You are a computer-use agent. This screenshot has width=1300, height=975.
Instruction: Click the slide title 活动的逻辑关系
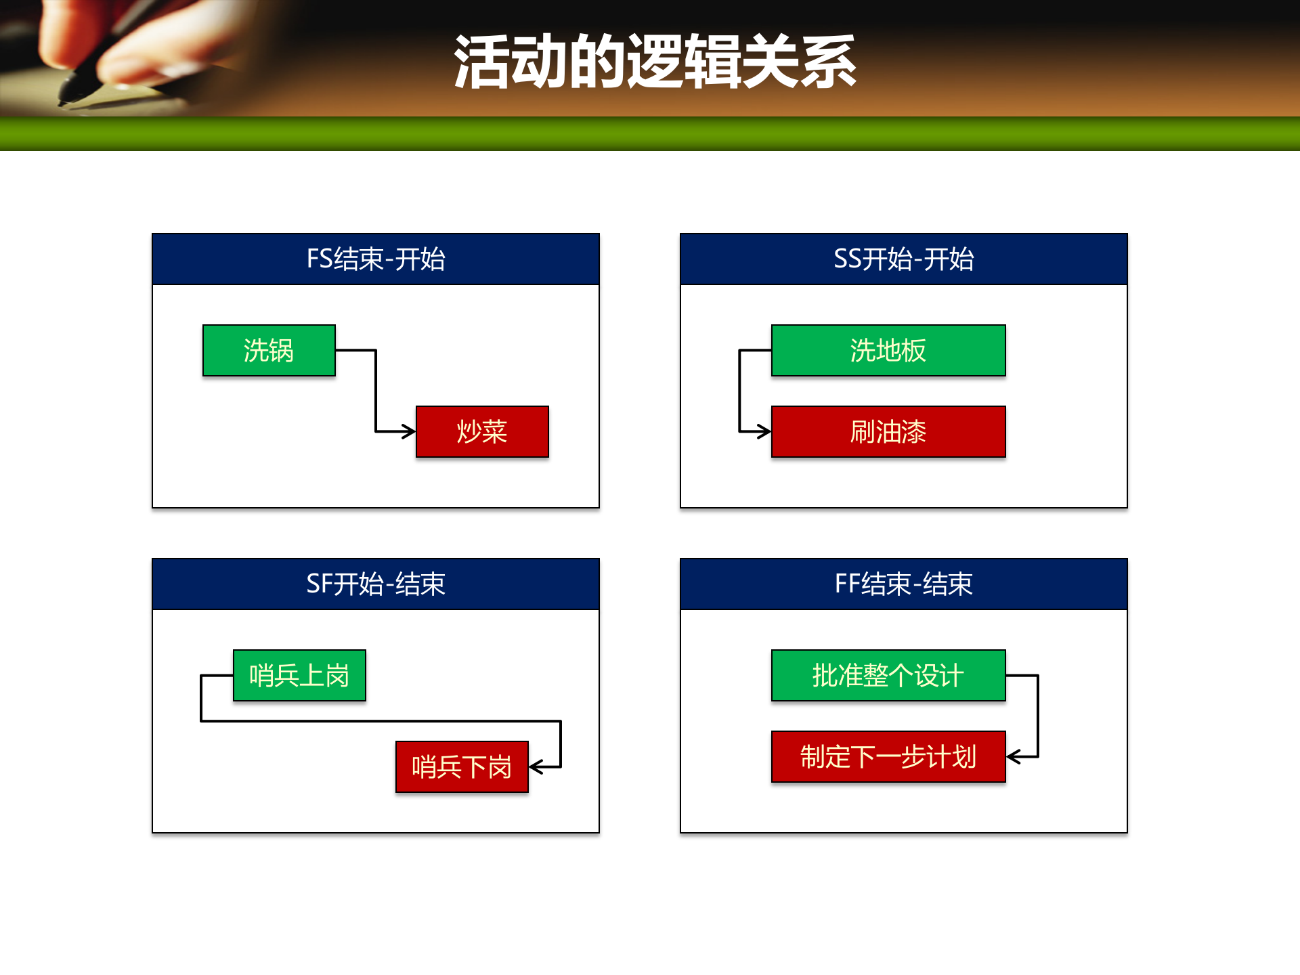[655, 62]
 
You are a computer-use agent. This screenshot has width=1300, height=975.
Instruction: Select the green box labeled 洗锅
[269, 351]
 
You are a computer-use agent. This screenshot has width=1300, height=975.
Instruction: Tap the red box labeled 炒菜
[482, 432]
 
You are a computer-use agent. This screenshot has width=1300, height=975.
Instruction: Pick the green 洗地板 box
[888, 351]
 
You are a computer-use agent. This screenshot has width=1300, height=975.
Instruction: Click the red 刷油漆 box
[888, 432]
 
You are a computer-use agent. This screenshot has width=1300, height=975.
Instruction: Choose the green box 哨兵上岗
[299, 676]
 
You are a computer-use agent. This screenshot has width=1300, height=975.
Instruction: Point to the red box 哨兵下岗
[462, 767]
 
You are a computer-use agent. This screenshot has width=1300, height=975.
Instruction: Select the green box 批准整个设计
[888, 676]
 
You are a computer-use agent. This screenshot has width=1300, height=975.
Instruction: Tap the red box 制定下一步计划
[888, 757]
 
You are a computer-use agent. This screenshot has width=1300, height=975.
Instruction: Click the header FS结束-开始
[376, 259]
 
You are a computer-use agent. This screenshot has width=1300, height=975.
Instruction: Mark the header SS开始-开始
[904, 259]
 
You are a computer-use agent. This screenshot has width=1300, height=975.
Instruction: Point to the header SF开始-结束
[376, 584]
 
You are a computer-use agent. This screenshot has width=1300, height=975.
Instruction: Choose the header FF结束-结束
[904, 584]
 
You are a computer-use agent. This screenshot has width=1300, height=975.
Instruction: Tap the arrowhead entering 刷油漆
[765, 431]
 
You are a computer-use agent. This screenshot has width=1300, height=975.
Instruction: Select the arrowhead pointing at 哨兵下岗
[536, 767]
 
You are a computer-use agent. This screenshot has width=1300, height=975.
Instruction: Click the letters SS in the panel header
[846, 259]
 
